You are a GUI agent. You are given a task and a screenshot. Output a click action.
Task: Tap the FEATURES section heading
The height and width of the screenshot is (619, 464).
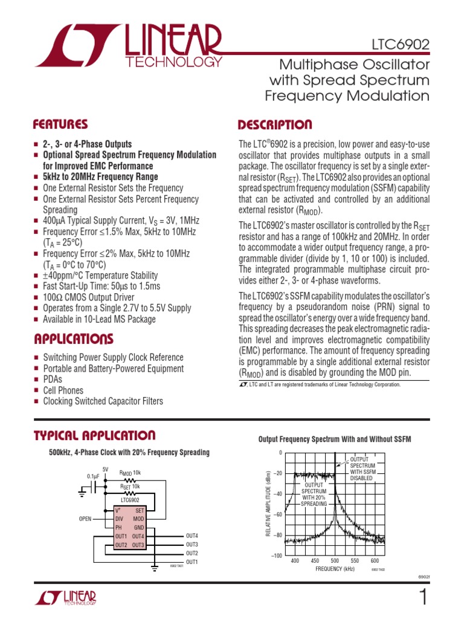click(60, 125)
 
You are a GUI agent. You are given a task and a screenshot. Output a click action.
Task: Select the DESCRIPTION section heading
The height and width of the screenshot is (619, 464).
click(275, 125)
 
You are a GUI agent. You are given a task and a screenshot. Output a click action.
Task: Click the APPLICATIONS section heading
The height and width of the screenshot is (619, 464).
click(73, 338)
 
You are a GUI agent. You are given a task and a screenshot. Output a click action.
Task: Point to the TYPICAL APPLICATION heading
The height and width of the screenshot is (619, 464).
click(95, 435)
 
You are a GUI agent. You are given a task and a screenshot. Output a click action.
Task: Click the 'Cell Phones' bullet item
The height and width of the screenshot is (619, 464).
click(63, 391)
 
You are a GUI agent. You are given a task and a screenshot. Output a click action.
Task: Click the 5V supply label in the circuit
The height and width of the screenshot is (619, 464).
click(105, 469)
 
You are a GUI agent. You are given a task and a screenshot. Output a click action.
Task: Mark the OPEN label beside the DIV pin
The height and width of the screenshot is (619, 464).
click(85, 519)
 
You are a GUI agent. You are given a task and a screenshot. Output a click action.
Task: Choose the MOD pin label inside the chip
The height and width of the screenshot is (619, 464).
click(138, 519)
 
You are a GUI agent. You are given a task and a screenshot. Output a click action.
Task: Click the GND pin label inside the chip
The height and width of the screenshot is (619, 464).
click(138, 527)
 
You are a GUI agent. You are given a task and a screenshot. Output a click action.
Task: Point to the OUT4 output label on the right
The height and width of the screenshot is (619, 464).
click(192, 536)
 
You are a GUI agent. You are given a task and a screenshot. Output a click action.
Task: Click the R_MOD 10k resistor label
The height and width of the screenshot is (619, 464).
click(130, 473)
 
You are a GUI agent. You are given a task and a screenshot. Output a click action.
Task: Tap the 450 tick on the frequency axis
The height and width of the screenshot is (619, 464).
click(315, 561)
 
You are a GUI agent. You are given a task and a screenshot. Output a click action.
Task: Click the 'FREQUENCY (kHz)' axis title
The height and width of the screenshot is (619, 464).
click(334, 569)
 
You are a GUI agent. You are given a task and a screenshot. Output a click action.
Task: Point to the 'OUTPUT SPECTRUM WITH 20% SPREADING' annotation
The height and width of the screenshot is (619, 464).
click(314, 494)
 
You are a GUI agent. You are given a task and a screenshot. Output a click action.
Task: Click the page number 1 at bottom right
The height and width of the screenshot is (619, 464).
click(422, 598)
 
